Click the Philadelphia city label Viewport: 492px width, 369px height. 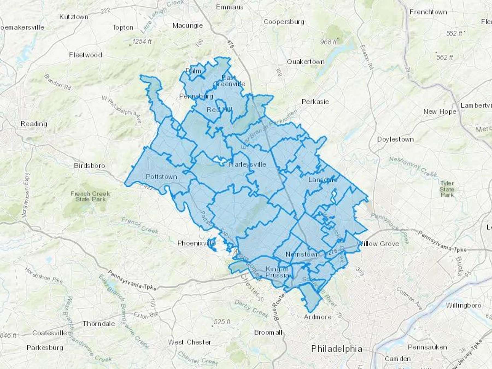click(336, 349)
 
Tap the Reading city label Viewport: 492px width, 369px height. click(34, 124)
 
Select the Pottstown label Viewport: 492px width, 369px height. click(161, 177)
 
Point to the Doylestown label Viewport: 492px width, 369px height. click(395, 139)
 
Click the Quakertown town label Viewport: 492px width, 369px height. click(305, 62)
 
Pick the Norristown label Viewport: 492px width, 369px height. click(302, 254)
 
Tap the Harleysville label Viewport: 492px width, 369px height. click(247, 165)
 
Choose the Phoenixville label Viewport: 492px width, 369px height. click(196, 243)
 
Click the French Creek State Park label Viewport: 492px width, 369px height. click(90, 197)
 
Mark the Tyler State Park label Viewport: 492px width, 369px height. click(447, 189)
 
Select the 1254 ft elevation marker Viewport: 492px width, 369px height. click(141, 42)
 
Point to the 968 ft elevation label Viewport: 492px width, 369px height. click(328, 42)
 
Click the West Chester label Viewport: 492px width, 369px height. click(189, 342)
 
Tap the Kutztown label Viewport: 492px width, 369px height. click(74, 17)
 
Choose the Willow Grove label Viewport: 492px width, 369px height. click(378, 244)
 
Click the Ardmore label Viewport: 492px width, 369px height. click(317, 317)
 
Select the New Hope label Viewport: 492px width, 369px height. click(440, 112)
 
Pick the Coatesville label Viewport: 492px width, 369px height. click(49, 333)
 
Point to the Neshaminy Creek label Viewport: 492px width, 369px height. click(413, 166)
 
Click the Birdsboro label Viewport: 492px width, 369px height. click(89, 166)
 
